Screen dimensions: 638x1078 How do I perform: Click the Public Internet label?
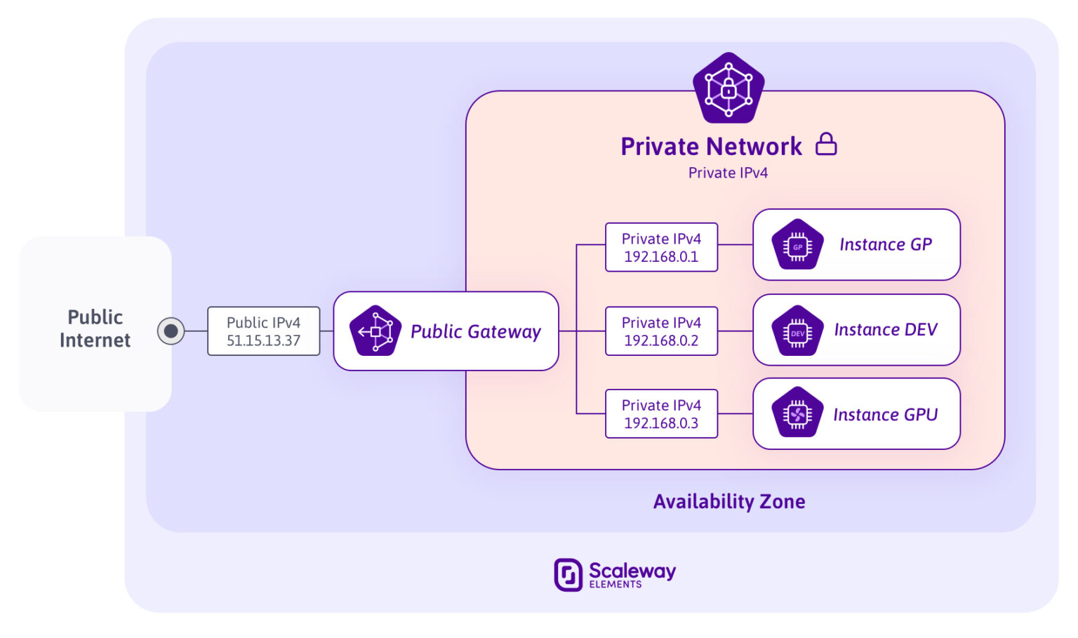(x=95, y=328)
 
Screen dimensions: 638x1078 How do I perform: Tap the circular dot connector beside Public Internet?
(x=171, y=331)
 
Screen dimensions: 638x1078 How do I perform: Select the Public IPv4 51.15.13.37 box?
(x=263, y=331)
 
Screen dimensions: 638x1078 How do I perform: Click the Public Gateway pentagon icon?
(x=375, y=331)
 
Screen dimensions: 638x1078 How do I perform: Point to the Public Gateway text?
(x=475, y=331)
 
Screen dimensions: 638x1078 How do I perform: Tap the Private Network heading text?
(x=711, y=147)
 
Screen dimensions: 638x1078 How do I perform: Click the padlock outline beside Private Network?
(x=826, y=144)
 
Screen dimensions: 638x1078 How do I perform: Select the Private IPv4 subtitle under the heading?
(x=728, y=173)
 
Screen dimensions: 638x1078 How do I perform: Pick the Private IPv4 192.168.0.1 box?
(x=661, y=248)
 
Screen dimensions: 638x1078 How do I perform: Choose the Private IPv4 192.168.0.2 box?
(x=661, y=331)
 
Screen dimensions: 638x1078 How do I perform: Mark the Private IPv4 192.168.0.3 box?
(x=661, y=414)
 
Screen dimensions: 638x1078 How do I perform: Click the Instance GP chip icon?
(x=797, y=246)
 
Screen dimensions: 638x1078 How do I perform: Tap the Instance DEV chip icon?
(x=797, y=331)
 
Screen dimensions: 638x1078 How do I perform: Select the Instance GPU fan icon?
(x=797, y=414)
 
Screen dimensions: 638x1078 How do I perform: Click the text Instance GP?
(x=885, y=245)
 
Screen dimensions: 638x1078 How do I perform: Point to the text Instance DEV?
(x=885, y=330)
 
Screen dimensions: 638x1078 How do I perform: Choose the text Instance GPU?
(x=885, y=415)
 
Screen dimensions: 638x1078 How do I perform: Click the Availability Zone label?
(x=728, y=501)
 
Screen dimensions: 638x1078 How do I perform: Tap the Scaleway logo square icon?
(x=568, y=575)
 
